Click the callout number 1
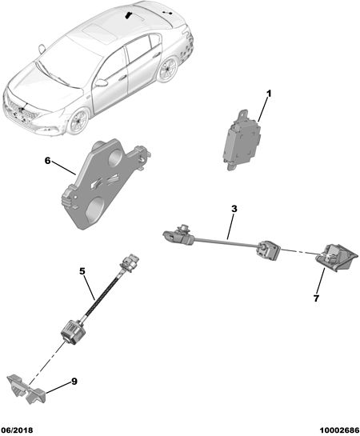tap(268, 94)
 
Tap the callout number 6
tap(48, 161)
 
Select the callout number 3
tap(234, 209)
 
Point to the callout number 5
tap(82, 271)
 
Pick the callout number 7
tap(316, 298)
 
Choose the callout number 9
tap(74, 382)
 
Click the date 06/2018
tap(17, 430)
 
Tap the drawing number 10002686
tap(339, 430)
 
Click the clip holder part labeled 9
tap(26, 389)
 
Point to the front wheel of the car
tap(79, 122)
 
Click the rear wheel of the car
tap(168, 69)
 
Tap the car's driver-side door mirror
tap(102, 83)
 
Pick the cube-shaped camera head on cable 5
tap(72, 330)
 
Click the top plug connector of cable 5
tap(129, 263)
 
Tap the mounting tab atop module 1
tap(242, 114)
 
